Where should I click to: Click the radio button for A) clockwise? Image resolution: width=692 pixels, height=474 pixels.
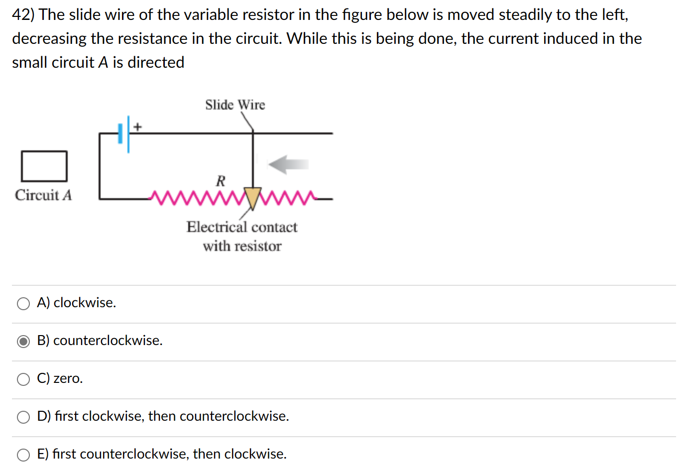[23, 304]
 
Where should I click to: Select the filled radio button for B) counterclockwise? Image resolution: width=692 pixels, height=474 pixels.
[23, 342]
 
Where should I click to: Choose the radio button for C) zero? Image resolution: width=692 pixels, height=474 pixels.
[23, 379]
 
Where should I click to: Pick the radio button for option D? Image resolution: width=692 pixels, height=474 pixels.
[23, 417]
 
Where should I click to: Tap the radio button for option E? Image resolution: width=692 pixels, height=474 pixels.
[23, 455]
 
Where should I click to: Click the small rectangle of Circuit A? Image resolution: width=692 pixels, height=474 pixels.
[44, 166]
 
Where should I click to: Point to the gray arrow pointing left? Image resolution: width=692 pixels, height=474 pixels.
[288, 164]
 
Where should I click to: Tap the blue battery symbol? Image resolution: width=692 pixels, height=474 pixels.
[124, 133]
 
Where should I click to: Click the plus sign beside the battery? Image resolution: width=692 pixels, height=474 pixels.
[137, 127]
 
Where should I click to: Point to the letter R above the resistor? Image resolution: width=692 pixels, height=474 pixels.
[221, 181]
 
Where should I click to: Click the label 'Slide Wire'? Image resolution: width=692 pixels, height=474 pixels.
[235, 105]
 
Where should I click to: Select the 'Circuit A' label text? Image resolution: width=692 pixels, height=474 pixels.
[43, 195]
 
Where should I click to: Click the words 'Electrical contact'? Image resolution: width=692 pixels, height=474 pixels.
[242, 227]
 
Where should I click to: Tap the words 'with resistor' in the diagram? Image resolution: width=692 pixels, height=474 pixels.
[242, 246]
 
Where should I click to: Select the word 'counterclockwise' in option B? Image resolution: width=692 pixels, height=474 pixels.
[107, 341]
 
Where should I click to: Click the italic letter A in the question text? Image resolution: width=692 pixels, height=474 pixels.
[103, 63]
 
